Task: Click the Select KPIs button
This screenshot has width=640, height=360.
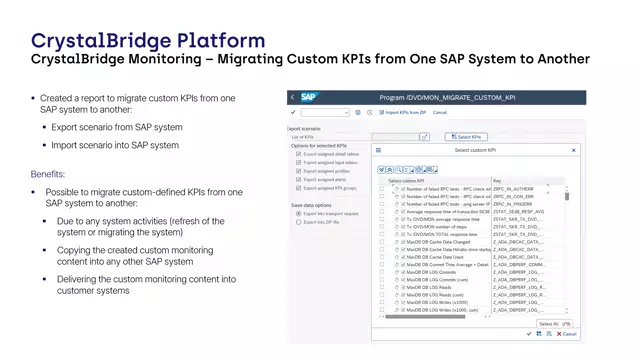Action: (467, 136)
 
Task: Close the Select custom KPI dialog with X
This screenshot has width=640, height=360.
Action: (574, 150)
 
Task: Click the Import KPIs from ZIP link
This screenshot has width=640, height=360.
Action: (405, 112)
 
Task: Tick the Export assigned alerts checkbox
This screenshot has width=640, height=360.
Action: (299, 179)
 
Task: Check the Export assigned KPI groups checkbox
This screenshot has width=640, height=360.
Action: (299, 187)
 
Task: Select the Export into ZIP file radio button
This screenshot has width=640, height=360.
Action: (299, 222)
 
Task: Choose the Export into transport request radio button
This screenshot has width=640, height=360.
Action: (299, 214)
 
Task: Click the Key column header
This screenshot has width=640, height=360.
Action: (498, 181)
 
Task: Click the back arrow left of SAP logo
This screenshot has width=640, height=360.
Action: (292, 97)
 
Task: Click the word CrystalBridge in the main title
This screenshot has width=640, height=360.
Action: (81, 41)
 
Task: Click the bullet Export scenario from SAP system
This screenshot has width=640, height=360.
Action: (117, 128)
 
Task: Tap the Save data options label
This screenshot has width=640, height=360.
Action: (310, 205)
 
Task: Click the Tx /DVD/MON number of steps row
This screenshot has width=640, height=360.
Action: (436, 226)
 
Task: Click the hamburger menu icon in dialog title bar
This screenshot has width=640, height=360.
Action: (378, 150)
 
